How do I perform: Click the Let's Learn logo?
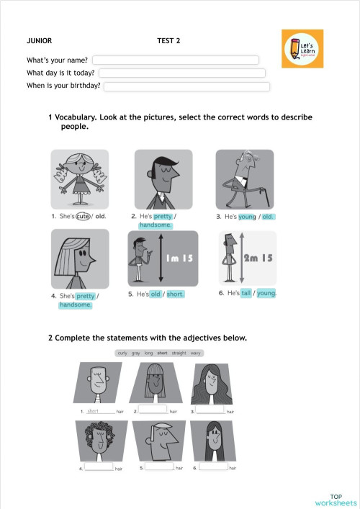point(302,48)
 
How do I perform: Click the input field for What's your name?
point(175,60)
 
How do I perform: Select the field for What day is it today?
point(182,73)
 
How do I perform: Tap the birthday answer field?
point(187,86)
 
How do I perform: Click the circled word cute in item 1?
point(83,216)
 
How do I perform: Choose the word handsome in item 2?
point(156,225)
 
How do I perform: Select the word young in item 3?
point(248,216)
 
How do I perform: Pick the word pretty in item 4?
point(86,296)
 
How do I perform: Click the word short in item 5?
point(174,294)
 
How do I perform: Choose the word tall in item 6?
point(246,293)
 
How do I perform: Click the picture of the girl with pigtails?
point(79,179)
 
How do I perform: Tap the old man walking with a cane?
point(245,179)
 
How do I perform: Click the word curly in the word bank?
point(122,353)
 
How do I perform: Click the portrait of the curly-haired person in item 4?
point(98,441)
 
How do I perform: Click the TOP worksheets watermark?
point(335,500)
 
